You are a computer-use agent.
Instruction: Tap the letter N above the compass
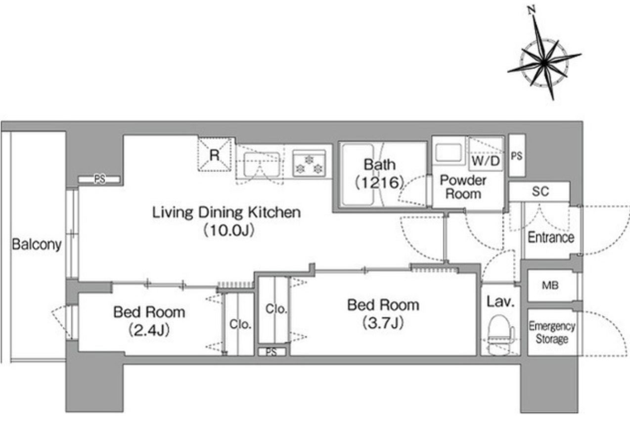(531, 11)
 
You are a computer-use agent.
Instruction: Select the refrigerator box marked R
(215, 154)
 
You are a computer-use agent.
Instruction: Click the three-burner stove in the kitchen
(309, 163)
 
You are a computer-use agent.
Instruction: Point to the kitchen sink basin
(262, 164)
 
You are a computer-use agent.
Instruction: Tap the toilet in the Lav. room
(500, 335)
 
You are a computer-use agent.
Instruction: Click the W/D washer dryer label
(486, 161)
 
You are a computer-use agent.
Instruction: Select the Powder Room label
(463, 187)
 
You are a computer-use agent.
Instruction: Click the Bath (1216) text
(380, 173)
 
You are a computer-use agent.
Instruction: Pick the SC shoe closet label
(540, 192)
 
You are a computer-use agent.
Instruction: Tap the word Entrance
(551, 237)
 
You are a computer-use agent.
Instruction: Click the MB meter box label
(550, 286)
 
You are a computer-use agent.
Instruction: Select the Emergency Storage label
(552, 333)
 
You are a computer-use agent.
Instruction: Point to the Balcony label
(37, 244)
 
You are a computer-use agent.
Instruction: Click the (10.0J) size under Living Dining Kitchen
(228, 230)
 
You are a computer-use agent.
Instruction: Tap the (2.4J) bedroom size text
(149, 330)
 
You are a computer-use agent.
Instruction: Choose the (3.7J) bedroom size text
(383, 323)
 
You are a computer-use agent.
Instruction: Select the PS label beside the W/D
(517, 156)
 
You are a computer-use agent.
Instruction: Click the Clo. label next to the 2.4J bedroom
(240, 324)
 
